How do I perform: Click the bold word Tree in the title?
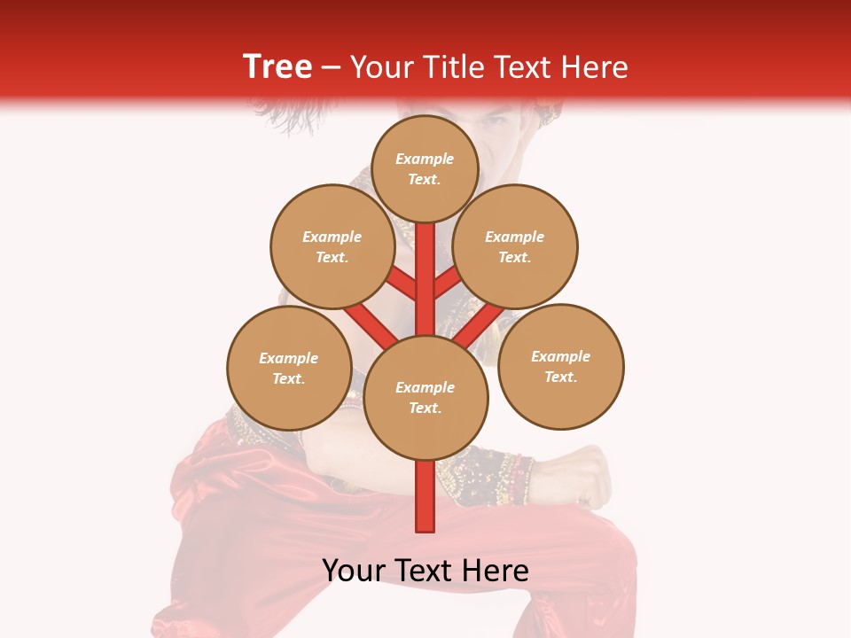click(x=277, y=66)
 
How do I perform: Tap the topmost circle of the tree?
click(x=425, y=167)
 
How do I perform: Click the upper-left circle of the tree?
click(x=332, y=246)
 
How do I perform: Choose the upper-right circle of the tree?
click(x=515, y=246)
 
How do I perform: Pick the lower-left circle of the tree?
click(x=289, y=368)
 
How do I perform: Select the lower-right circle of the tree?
click(x=561, y=366)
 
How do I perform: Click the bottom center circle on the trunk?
click(x=425, y=397)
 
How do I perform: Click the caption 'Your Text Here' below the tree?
click(x=425, y=571)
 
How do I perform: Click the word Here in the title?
click(x=599, y=67)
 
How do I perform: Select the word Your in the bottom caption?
click(x=355, y=571)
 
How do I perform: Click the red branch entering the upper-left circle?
click(x=402, y=284)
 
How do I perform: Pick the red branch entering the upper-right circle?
click(x=449, y=283)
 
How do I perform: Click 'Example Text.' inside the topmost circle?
click(x=425, y=168)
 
